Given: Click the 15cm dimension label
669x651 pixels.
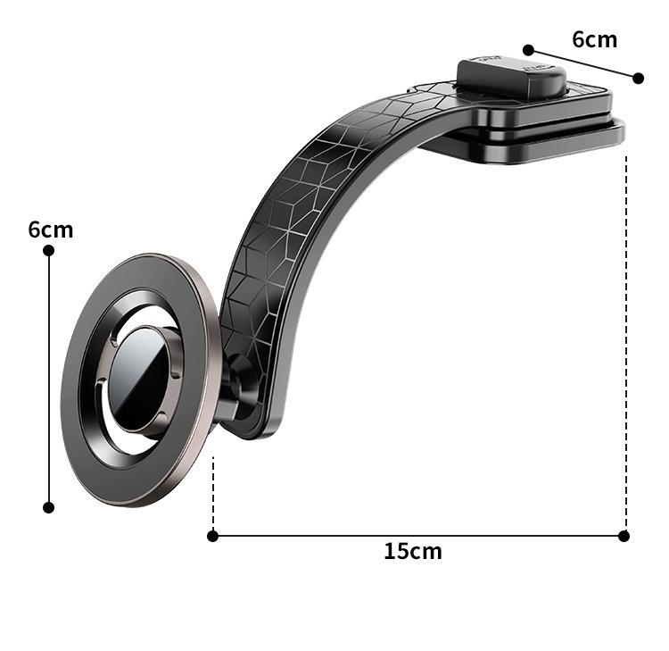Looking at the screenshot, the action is [x=413, y=551].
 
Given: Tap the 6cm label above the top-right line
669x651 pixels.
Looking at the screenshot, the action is [x=594, y=39].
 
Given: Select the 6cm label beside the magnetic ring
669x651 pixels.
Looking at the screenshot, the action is [x=51, y=230].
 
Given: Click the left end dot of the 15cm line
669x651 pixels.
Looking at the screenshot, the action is [x=212, y=536].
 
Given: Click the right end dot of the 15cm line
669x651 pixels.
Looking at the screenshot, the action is [x=624, y=536].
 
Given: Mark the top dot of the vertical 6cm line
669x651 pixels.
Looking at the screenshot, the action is [x=49, y=251].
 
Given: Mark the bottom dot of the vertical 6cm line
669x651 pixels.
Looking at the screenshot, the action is [x=49, y=507].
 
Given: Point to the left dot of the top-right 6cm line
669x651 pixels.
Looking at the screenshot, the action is [x=528, y=50].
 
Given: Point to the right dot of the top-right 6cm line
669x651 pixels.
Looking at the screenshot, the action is [x=639, y=79].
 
